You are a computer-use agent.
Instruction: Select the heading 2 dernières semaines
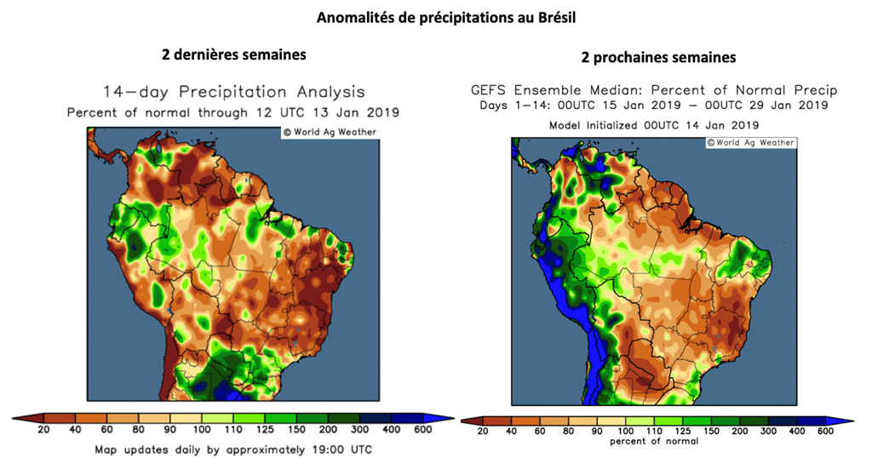(x=234, y=54)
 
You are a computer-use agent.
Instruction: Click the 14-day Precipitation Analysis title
(x=234, y=92)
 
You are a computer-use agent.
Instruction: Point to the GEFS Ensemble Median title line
(x=654, y=90)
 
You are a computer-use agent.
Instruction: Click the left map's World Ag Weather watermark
(x=330, y=132)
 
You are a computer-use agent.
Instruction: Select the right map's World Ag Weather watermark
(x=751, y=142)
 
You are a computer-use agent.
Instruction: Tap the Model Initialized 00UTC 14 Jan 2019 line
(x=654, y=125)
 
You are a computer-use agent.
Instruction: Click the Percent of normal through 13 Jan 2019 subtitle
(x=233, y=112)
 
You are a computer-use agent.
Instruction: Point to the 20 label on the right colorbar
(x=483, y=432)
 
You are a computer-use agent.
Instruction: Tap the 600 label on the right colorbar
(x=825, y=432)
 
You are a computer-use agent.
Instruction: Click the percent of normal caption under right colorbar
(x=654, y=442)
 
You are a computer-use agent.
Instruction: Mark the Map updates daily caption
(x=232, y=449)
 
